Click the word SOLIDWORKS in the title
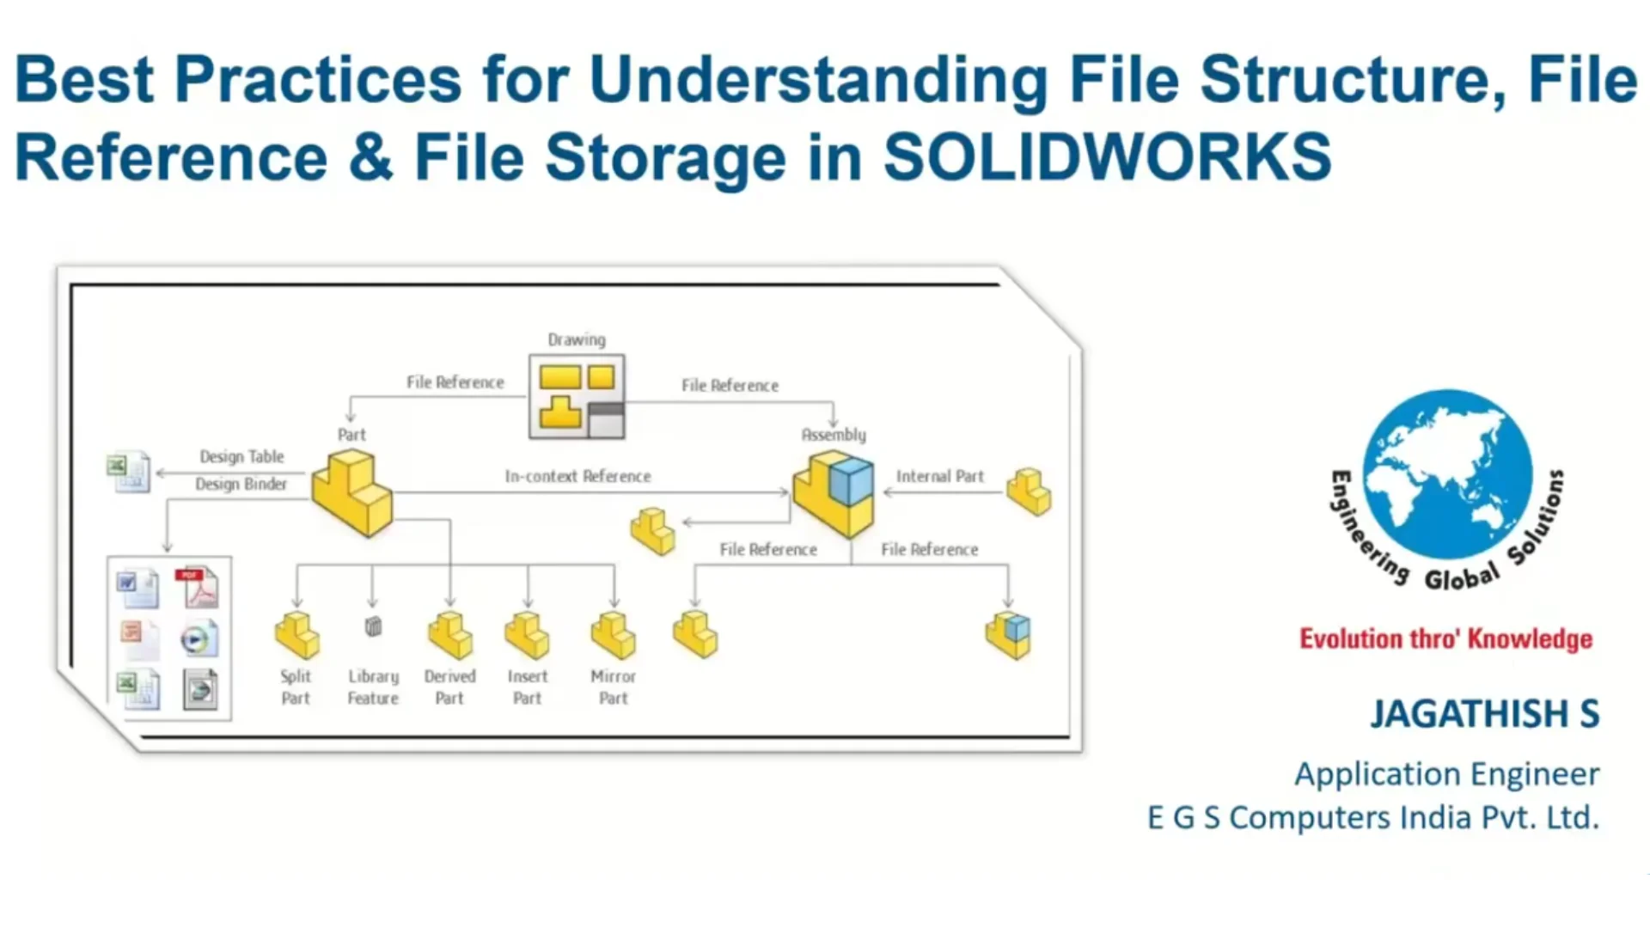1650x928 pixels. point(1107,158)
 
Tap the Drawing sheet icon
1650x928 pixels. point(577,397)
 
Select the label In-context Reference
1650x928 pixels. point(577,476)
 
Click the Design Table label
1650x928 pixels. point(241,456)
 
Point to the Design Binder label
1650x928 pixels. point(241,484)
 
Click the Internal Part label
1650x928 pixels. point(939,476)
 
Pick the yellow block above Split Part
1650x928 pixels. point(296,636)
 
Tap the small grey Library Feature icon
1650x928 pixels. point(373,626)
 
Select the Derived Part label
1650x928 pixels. point(449,687)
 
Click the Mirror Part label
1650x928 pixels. point(614,687)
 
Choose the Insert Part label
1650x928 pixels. point(527,687)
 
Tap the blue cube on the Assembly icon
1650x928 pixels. point(852,481)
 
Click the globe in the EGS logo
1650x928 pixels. point(1447,474)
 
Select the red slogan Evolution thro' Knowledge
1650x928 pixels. point(1445,639)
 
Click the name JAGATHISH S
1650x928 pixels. point(1484,714)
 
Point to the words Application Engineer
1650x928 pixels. point(1446,774)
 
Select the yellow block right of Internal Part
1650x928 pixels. point(1029,491)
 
